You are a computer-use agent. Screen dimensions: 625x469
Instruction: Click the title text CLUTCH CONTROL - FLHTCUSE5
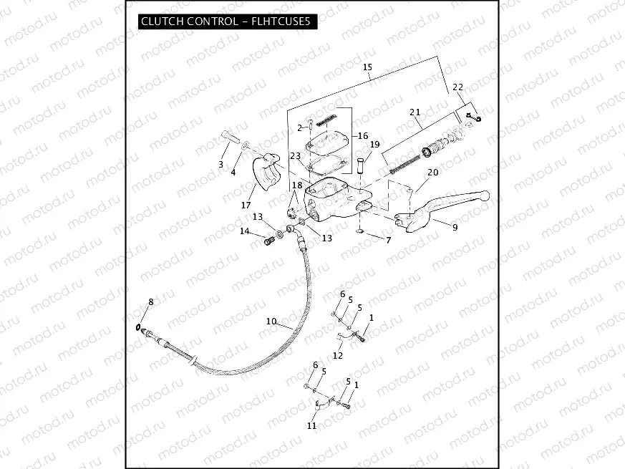226,21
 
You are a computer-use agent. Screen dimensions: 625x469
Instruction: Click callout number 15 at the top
367,69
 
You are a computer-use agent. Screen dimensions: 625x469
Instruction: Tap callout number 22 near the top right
458,87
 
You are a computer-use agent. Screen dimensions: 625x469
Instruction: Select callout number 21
415,112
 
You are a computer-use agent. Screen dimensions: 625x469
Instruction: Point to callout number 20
432,173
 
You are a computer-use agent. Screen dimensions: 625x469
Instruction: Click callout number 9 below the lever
454,226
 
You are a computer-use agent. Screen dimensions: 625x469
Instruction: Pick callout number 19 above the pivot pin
374,145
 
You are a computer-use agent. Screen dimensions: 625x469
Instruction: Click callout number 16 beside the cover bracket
362,136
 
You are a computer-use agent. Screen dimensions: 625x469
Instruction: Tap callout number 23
295,156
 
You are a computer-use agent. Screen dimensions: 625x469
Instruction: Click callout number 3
221,165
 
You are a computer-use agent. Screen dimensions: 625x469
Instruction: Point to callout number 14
245,231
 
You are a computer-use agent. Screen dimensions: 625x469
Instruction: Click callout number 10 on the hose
271,322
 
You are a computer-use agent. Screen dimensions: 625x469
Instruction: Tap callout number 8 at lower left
150,303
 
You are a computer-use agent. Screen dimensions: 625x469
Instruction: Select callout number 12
338,355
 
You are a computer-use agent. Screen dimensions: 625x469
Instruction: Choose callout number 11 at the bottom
311,426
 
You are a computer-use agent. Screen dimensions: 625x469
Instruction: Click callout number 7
389,241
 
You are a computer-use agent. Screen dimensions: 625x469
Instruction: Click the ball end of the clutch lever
485,195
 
